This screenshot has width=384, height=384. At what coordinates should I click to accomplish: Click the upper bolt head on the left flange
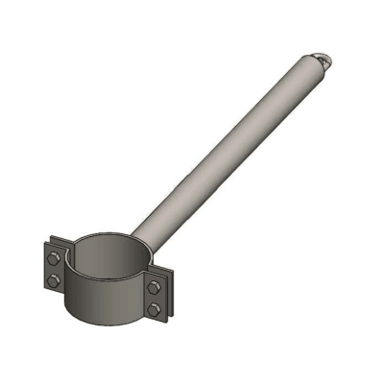pyautogui.click(x=55, y=257)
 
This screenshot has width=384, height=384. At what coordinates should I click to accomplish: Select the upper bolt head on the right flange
pyautogui.click(x=154, y=287)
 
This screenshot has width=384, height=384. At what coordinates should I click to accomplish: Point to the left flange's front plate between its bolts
pyautogui.click(x=55, y=269)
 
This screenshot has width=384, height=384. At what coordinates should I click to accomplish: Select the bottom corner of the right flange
pyautogui.click(x=157, y=321)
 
